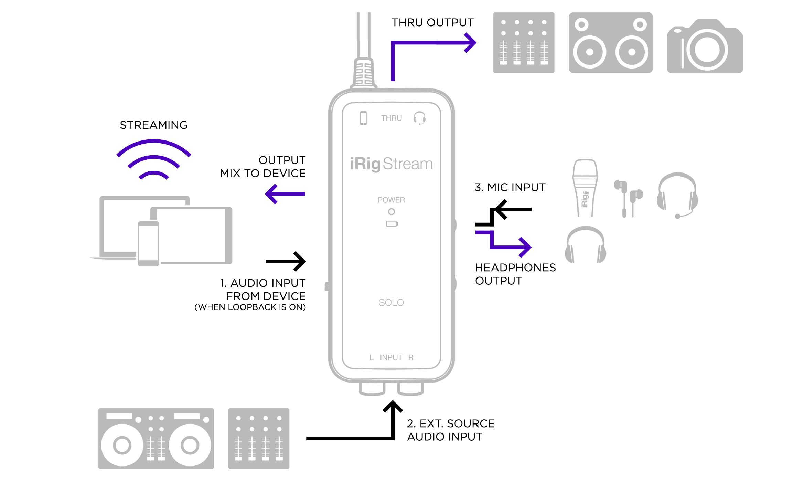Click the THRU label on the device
tap(391, 118)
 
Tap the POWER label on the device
tap(391, 200)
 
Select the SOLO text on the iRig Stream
tap(391, 303)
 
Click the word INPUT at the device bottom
tap(391, 358)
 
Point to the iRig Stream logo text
tap(391, 164)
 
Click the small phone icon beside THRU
tap(363, 118)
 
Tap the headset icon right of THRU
tap(419, 118)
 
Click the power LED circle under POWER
tap(391, 212)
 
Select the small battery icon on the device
tap(392, 224)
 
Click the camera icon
tap(705, 46)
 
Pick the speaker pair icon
tap(611, 43)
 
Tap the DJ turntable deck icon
tap(156, 438)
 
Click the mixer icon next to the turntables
tap(259, 438)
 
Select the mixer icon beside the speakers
tap(524, 43)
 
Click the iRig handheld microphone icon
tap(585, 188)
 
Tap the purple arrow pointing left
tap(285, 194)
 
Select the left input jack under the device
tap(372, 388)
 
